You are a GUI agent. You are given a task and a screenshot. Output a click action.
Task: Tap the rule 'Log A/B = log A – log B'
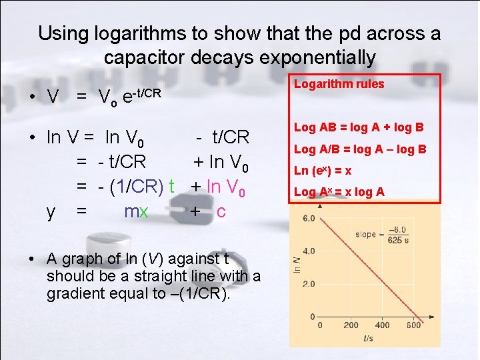[360, 149]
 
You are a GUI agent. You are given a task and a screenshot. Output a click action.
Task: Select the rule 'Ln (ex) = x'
[323, 171]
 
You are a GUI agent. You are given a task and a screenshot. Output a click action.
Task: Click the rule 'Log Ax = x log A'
[339, 192]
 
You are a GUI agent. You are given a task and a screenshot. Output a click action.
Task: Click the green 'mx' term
[136, 211]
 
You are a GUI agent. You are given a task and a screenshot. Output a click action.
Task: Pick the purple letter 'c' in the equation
[221, 211]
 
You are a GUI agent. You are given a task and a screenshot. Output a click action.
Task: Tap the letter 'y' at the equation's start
[51, 211]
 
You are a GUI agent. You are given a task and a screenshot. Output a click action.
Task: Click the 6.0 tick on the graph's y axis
[309, 218]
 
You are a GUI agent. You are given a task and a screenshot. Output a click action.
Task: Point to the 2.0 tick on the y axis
[309, 284]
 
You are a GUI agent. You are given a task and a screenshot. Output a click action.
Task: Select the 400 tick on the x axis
[383, 325]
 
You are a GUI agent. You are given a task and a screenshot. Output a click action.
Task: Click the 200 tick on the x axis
[351, 325]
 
